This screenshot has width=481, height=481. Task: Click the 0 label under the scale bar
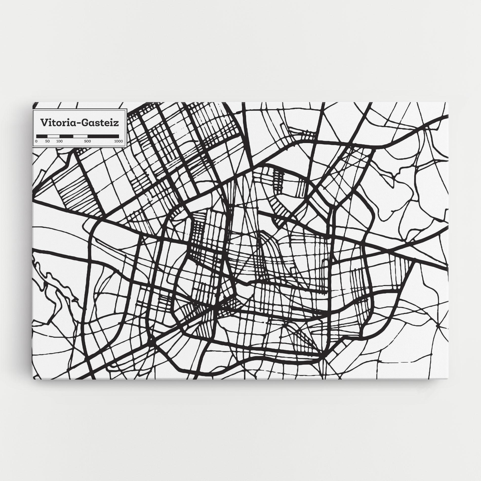pos(36,141)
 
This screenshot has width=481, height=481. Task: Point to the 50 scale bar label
pos(47,141)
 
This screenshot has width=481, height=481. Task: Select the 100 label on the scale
pos(59,141)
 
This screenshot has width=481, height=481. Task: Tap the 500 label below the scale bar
pos(87,141)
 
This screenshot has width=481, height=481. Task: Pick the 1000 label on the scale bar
pos(118,141)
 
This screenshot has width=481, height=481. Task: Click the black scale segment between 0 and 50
pos(42,136)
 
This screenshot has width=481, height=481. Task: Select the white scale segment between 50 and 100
pos(53,136)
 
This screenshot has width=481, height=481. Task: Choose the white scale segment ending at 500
pos(80,136)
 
